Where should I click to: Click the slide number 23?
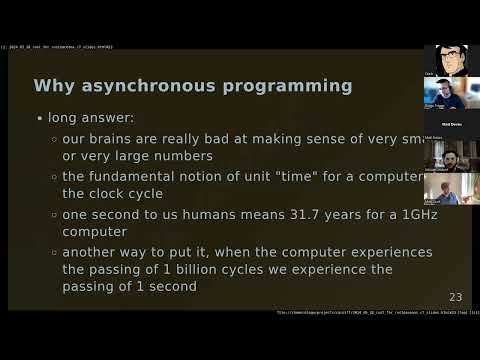(x=455, y=297)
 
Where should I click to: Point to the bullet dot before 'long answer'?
(x=40, y=118)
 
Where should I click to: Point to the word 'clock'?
(x=112, y=194)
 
